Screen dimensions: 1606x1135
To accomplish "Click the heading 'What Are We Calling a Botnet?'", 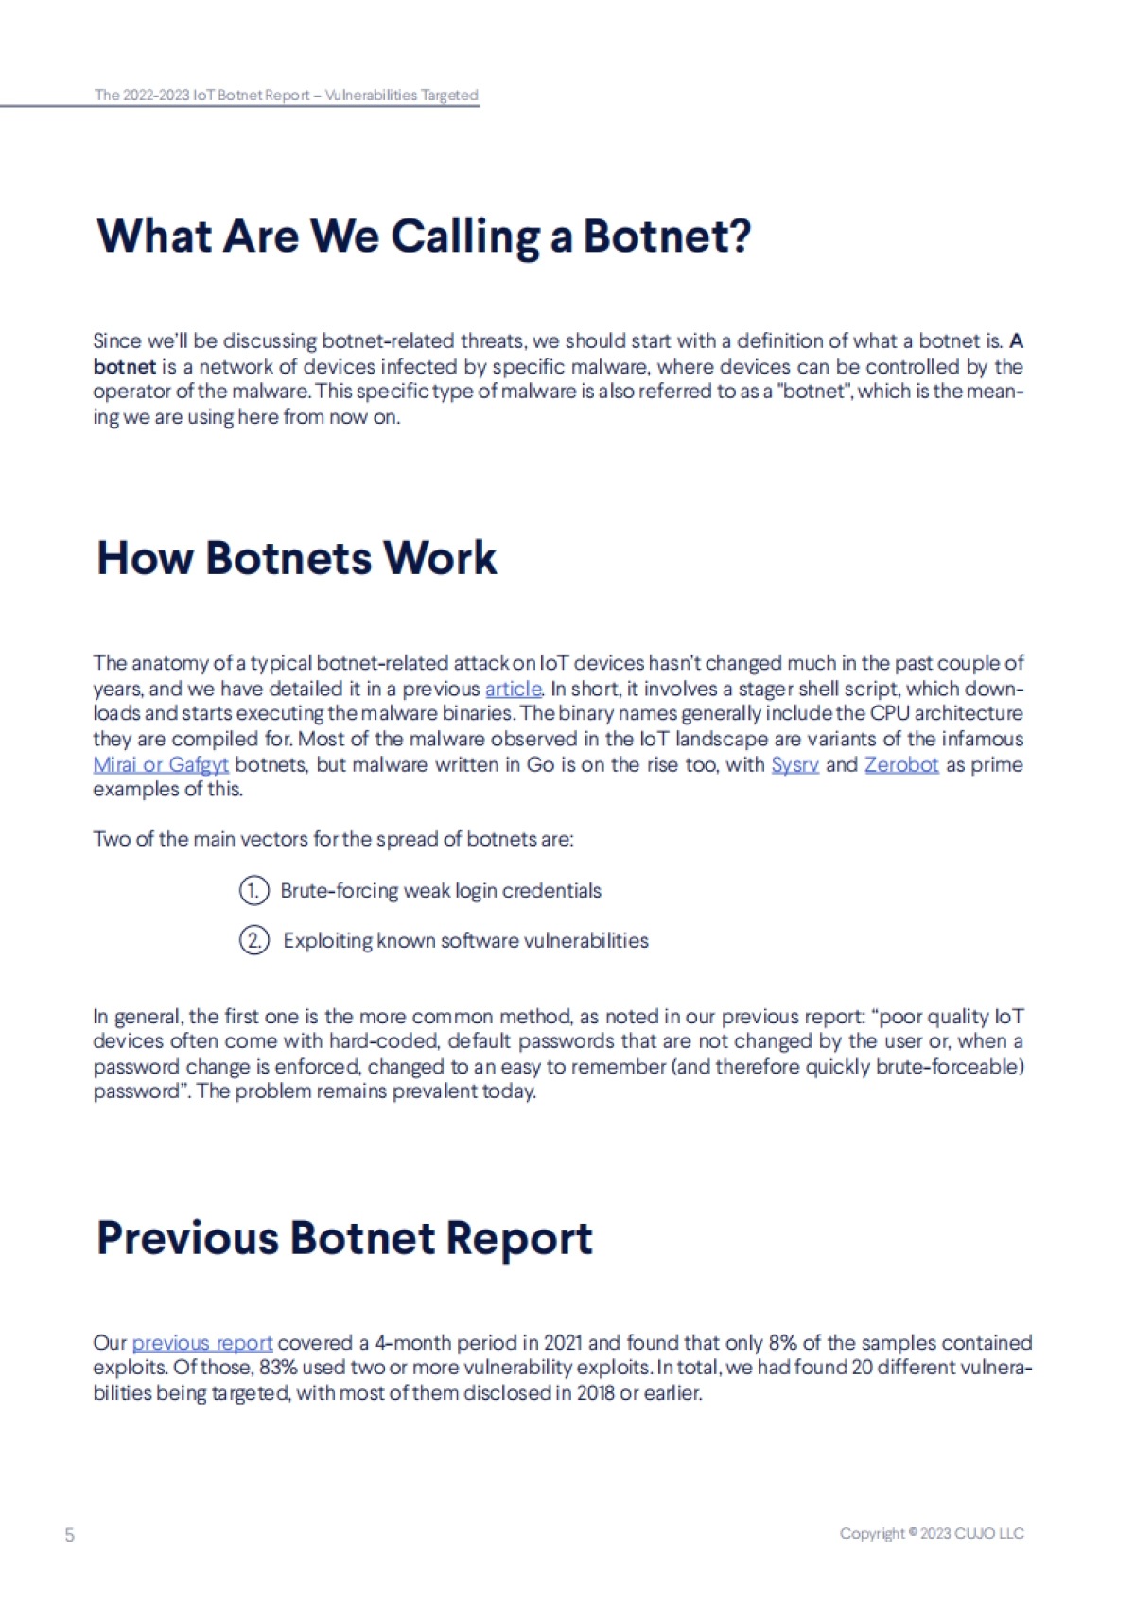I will coord(423,236).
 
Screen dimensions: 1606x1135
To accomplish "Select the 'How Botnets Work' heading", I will coord(296,557).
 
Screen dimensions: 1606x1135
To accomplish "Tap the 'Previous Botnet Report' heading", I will coord(344,1237).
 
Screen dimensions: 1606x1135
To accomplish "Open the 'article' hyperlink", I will coord(513,689).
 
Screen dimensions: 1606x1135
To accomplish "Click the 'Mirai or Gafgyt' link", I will coord(161,764).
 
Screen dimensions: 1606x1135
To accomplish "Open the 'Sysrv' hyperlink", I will coord(794,764).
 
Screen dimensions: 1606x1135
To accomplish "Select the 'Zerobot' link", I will coord(900,764).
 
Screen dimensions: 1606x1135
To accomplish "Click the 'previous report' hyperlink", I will coord(201,1343).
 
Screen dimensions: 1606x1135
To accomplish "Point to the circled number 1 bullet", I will coord(253,891).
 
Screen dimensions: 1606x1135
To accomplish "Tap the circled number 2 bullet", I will coord(253,941).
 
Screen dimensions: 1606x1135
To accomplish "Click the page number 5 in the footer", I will coord(69,1534).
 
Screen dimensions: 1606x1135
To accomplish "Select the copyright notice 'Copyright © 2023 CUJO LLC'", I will coord(931,1533).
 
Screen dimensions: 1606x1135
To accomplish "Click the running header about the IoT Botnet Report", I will coord(286,95).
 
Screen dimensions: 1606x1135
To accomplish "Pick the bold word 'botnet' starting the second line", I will coord(124,367).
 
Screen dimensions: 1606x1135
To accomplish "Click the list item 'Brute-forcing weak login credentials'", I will coord(441,891).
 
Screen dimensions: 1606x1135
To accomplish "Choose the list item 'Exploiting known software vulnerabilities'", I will coord(465,941).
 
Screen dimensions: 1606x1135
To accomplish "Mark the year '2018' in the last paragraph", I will coord(594,1393).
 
